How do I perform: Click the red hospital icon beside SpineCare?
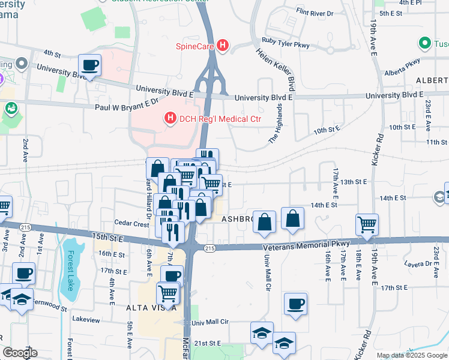pyautogui.click(x=223, y=45)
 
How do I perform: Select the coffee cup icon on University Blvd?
pyautogui.click(x=89, y=65)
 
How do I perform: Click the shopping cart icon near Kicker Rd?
pyautogui.click(x=367, y=225)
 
